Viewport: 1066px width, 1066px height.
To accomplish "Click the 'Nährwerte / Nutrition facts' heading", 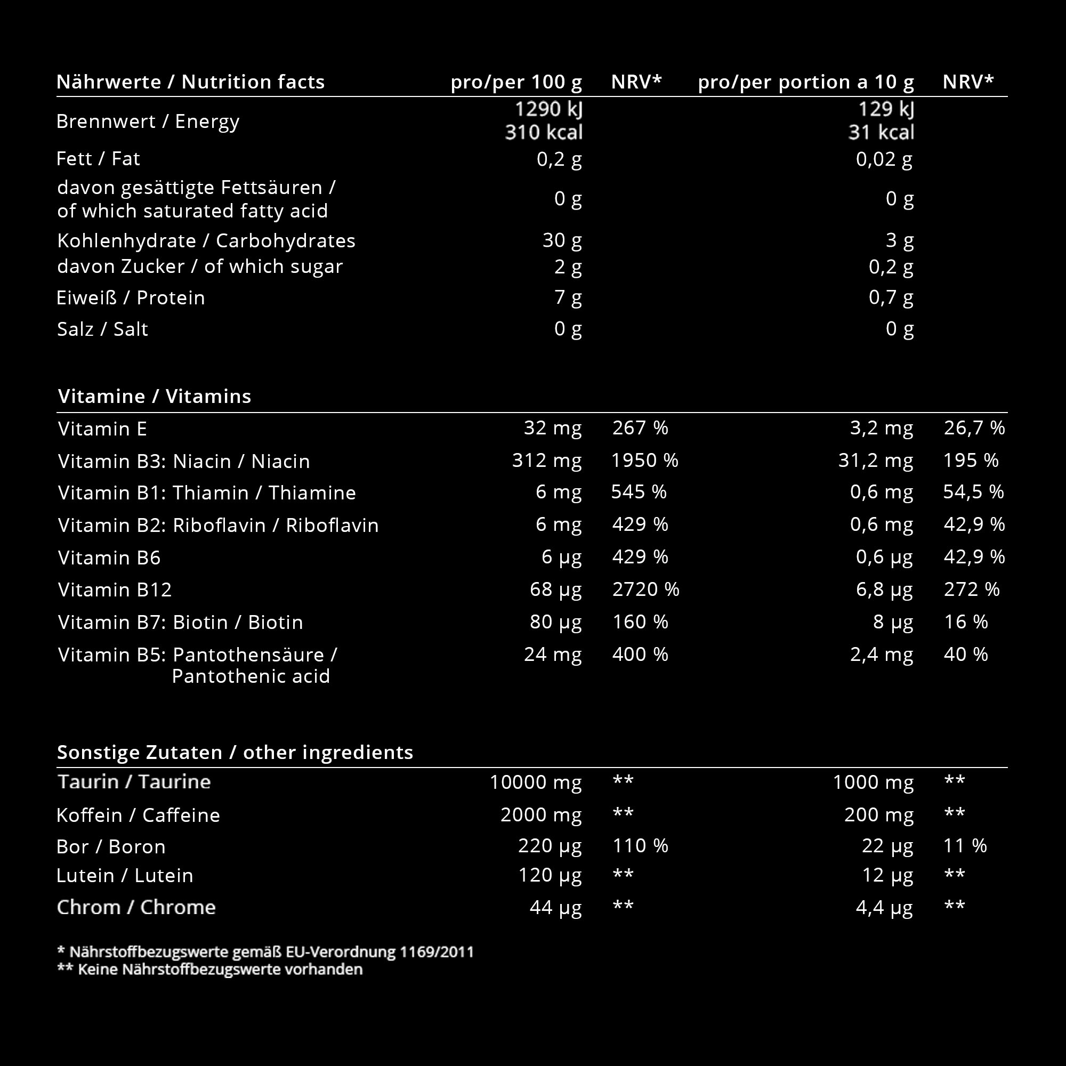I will [190, 82].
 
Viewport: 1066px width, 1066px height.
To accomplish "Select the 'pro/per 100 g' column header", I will [516, 82].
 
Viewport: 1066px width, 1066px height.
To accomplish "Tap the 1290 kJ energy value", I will [548, 109].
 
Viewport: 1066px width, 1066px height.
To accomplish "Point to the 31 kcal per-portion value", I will [881, 132].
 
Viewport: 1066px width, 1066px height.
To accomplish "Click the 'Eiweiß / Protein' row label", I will [131, 298].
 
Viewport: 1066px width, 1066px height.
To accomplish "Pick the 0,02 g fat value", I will [884, 159].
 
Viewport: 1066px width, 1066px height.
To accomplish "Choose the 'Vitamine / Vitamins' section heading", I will [155, 396].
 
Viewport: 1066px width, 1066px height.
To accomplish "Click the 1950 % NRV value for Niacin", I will [644, 461].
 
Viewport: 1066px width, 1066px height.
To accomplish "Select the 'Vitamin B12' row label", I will [115, 590].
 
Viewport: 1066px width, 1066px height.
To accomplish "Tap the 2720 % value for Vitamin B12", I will [645, 589].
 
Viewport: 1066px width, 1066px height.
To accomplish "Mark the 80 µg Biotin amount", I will [555, 622].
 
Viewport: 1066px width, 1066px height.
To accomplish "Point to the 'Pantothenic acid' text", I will [251, 676].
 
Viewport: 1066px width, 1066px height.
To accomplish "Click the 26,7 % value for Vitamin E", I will [974, 428].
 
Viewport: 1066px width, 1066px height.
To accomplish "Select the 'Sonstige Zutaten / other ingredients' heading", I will [235, 752].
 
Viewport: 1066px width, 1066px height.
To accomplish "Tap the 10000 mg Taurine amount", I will [535, 782].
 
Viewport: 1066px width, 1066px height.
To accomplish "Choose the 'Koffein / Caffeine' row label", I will [138, 815].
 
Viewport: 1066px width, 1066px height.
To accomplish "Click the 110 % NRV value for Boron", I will [640, 846].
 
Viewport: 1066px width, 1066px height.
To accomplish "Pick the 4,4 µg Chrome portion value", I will [884, 908].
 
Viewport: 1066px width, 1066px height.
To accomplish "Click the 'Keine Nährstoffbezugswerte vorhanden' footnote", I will [220, 970].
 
